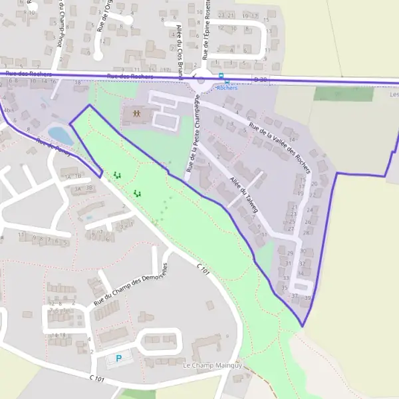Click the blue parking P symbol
tap(119, 358)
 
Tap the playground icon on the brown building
tap(136, 114)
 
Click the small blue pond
tap(61, 135)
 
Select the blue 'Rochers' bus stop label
tap(227, 87)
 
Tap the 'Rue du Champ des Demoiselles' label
tap(132, 284)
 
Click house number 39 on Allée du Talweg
tap(307, 298)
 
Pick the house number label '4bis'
tap(7, 110)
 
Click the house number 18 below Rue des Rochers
tap(78, 82)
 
